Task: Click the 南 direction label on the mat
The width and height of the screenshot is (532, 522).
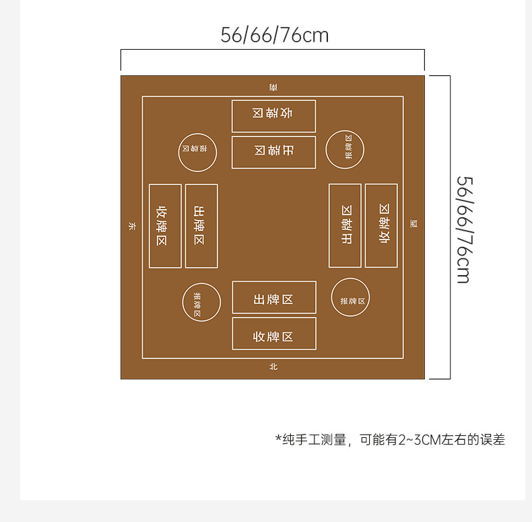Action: click(273, 87)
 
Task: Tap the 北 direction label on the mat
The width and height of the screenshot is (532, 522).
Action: click(273, 367)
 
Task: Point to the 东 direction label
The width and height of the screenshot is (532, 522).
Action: click(131, 227)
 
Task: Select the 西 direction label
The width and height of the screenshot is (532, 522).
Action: click(413, 224)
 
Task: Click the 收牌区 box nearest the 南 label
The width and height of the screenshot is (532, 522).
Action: click(273, 116)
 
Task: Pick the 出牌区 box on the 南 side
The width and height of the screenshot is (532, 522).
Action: click(273, 152)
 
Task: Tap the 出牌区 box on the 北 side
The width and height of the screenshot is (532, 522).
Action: click(273, 297)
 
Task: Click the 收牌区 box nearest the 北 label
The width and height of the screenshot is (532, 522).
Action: click(273, 334)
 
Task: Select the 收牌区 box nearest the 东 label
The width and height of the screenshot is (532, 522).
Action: click(165, 226)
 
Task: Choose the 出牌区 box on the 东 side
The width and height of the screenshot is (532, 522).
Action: click(201, 226)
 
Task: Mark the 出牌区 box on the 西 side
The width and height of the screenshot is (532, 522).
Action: click(345, 225)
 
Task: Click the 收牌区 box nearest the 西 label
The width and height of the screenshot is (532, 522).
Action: click(381, 225)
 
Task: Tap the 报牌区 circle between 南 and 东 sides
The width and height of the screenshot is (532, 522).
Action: click(197, 152)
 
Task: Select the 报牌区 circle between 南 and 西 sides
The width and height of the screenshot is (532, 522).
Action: click(345, 149)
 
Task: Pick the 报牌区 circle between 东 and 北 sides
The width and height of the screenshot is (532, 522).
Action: click(201, 302)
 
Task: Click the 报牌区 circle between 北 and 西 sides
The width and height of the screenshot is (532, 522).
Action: click(350, 297)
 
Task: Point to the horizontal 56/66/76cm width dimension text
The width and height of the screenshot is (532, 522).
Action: click(275, 35)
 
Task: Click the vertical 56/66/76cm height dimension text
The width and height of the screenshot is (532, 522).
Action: click(463, 229)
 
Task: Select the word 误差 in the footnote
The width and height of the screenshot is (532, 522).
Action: click(492, 440)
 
